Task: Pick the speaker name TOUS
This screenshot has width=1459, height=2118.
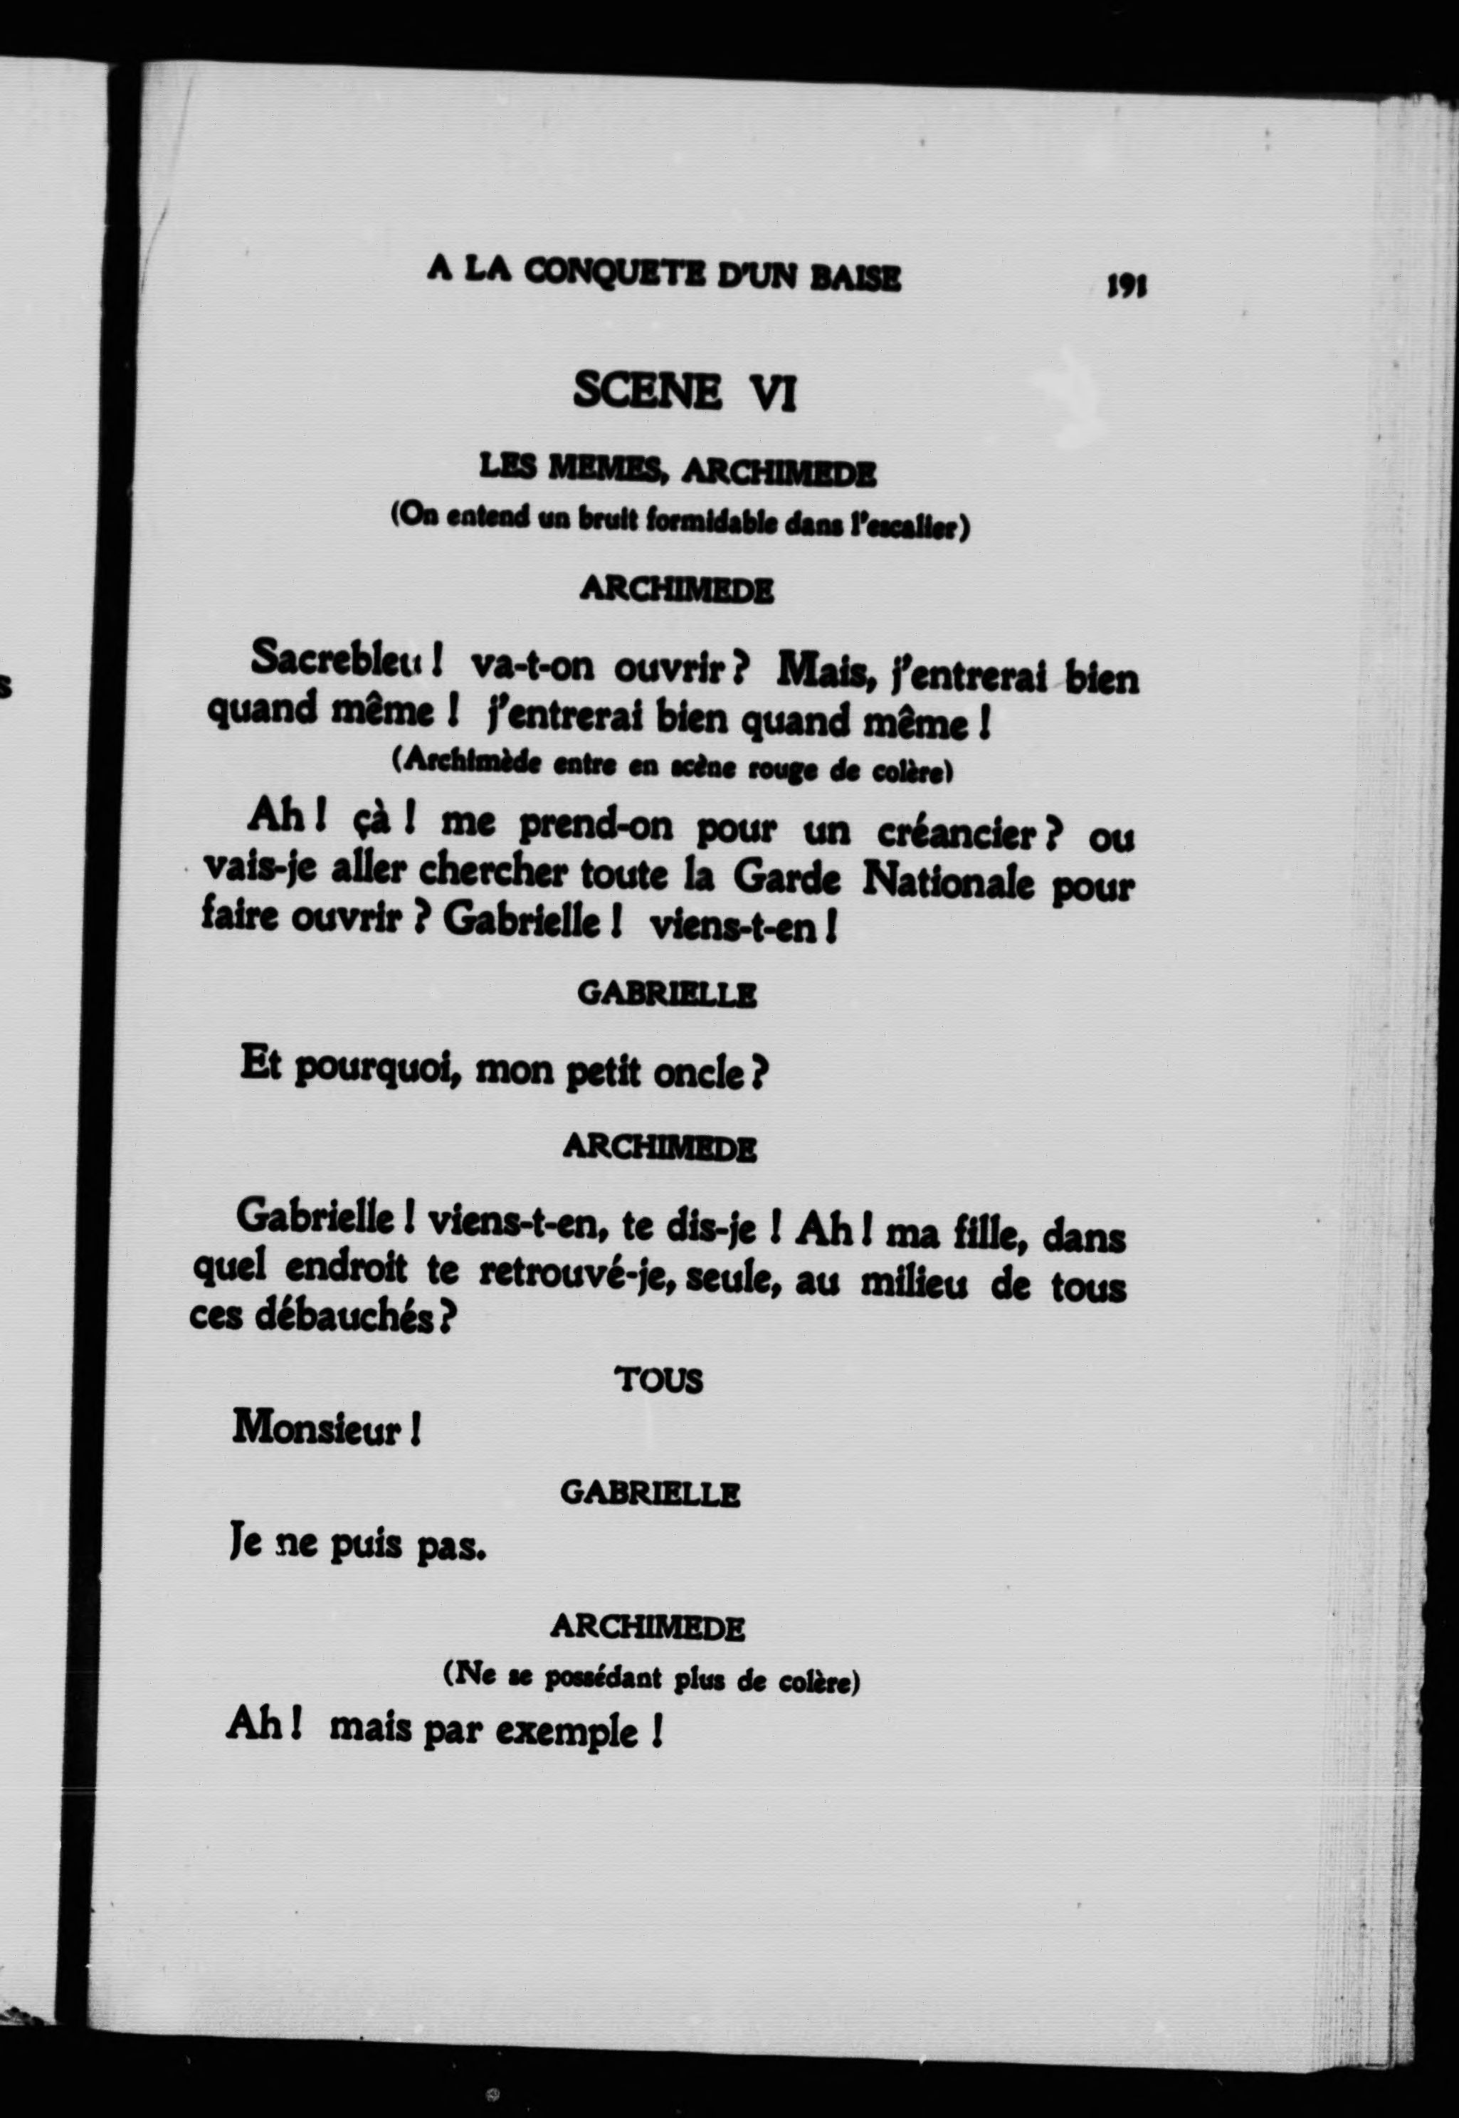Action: (x=660, y=1380)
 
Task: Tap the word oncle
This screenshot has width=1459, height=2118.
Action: (x=713, y=1073)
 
